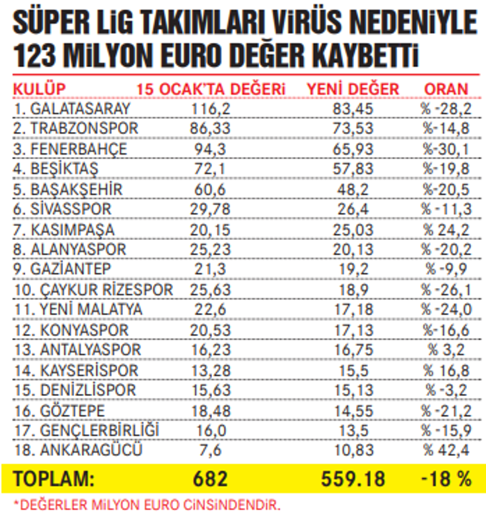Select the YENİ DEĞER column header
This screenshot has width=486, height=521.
click(353, 89)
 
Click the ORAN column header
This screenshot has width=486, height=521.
click(446, 89)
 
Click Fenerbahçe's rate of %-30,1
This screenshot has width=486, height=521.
click(446, 150)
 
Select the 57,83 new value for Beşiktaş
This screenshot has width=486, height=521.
click(353, 170)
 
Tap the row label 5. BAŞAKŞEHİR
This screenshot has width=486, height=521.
click(68, 190)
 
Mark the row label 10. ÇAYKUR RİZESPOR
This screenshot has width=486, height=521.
click(93, 290)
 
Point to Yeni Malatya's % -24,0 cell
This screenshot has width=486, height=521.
click(446, 310)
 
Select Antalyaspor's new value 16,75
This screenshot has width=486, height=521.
click(353, 350)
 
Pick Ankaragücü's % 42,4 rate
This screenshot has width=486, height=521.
click(446, 450)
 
